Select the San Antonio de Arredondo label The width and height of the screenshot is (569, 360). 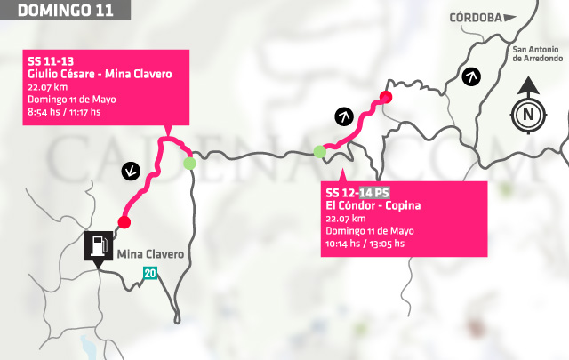(x=537, y=53)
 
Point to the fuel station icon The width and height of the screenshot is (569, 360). (x=98, y=246)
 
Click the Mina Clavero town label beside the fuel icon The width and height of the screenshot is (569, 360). (x=150, y=254)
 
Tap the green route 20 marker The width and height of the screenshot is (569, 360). (x=151, y=273)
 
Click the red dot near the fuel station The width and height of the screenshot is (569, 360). (x=124, y=221)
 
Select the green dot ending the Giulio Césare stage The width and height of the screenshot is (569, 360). (x=188, y=163)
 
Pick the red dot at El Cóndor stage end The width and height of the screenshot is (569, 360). (x=385, y=96)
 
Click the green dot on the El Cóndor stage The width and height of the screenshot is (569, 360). (x=319, y=152)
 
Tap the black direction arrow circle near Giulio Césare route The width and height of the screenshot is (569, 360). (x=132, y=169)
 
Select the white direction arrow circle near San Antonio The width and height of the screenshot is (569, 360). (x=472, y=76)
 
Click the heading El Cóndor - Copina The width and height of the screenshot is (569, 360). (x=373, y=206)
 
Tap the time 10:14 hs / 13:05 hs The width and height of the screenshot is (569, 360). (x=365, y=244)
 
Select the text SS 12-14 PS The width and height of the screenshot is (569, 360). (x=357, y=193)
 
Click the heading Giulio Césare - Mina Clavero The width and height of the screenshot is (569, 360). (x=100, y=75)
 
